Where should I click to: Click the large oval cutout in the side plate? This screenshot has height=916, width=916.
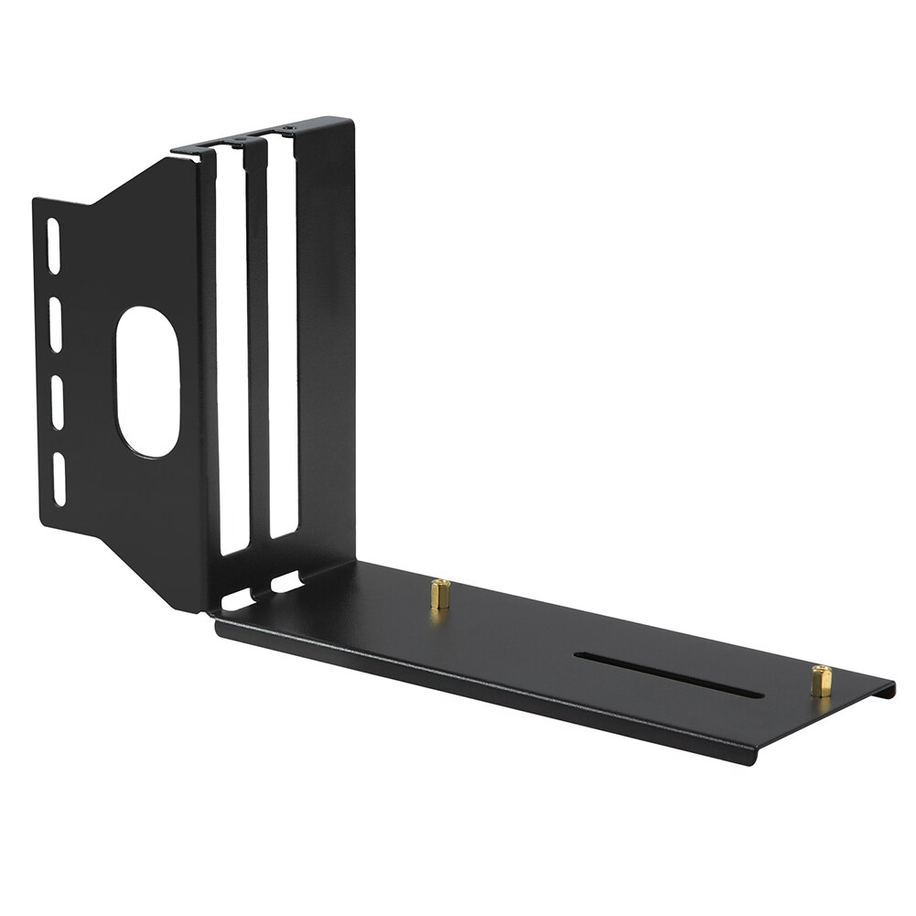(146, 381)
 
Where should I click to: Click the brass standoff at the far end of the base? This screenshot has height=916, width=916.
(821, 682)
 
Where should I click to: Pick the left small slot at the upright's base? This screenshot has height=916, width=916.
(235, 602)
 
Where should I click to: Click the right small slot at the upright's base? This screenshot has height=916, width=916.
(286, 581)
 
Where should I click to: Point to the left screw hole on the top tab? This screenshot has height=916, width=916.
(240, 141)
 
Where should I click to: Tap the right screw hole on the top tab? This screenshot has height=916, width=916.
(289, 128)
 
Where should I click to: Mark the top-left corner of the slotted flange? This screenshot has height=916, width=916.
(35, 199)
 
